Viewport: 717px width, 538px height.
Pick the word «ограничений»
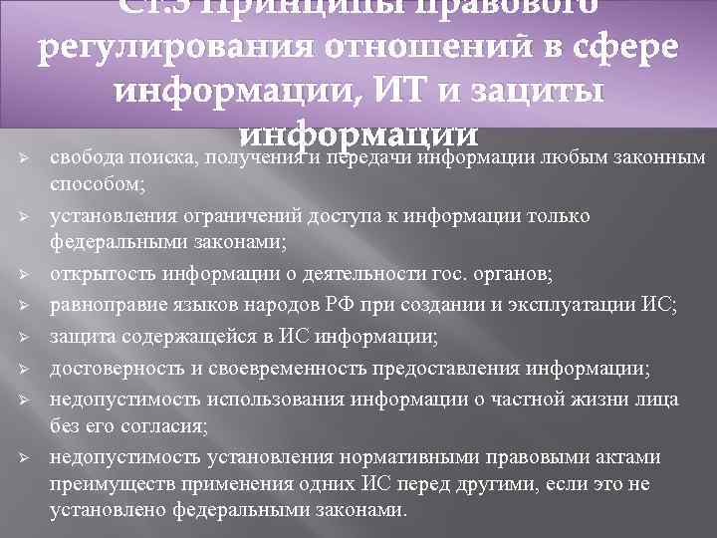216,215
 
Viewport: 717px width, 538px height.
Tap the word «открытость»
98,274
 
